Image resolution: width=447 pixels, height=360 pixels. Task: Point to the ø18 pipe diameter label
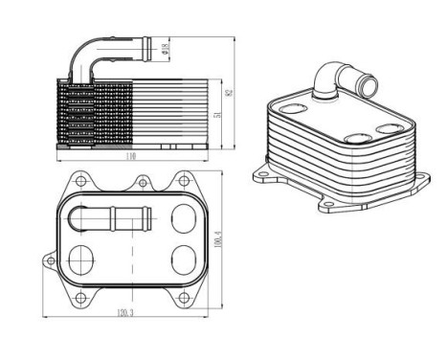[x=164, y=47]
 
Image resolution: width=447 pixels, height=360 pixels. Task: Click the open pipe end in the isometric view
[x=367, y=85]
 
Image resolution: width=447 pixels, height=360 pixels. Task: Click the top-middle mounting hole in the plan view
[x=142, y=180]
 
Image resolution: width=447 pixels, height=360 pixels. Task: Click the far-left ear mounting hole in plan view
[x=48, y=260]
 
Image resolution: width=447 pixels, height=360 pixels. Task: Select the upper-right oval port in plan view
[x=179, y=219]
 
